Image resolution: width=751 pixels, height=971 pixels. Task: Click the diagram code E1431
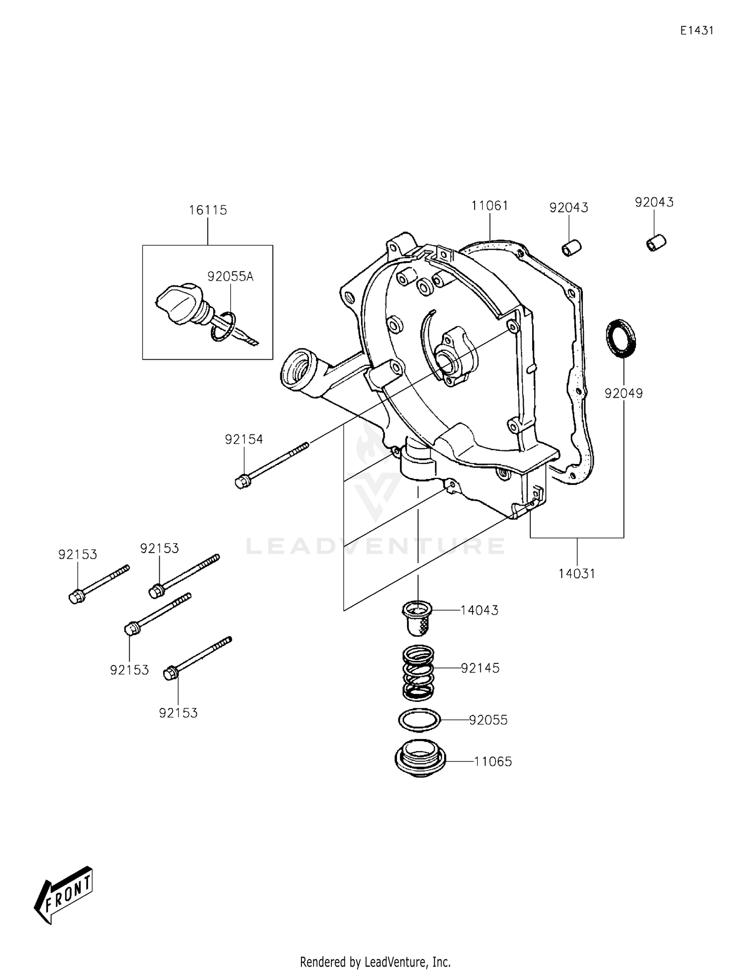pyautogui.click(x=696, y=31)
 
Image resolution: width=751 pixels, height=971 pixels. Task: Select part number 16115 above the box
pyautogui.click(x=208, y=210)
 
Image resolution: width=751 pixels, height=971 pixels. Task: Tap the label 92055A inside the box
pyautogui.click(x=230, y=277)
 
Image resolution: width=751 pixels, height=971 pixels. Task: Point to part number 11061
pyautogui.click(x=490, y=206)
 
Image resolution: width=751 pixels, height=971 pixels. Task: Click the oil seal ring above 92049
pyautogui.click(x=621, y=338)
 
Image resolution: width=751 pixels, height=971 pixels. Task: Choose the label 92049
pyautogui.click(x=623, y=393)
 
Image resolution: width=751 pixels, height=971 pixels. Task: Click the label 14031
pyautogui.click(x=577, y=574)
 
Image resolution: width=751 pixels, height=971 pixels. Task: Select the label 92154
pyautogui.click(x=244, y=439)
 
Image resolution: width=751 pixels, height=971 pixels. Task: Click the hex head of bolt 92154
pyautogui.click(x=241, y=482)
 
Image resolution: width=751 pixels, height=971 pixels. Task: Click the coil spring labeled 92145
pyautogui.click(x=418, y=672)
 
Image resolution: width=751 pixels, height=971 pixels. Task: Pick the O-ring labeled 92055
pyautogui.click(x=419, y=720)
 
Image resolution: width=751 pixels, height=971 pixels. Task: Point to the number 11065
pyautogui.click(x=493, y=762)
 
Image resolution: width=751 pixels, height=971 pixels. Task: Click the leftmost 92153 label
pyautogui.click(x=78, y=555)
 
